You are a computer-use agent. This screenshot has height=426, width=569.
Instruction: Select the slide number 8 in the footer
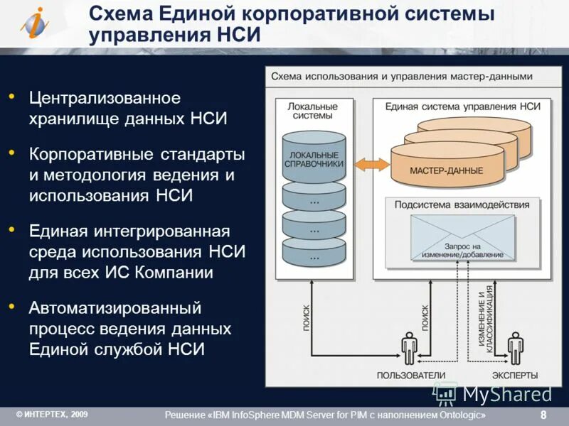(x=543, y=415)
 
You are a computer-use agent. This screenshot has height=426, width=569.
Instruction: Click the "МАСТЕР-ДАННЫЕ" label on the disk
(x=446, y=171)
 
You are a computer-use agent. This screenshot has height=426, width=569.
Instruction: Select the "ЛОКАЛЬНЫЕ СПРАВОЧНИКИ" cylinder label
(x=314, y=159)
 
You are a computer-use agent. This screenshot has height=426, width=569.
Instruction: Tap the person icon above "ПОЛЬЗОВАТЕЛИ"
(x=409, y=348)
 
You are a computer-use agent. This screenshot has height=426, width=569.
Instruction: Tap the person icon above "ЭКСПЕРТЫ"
(x=515, y=348)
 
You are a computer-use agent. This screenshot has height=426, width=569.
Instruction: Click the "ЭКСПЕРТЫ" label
(x=515, y=375)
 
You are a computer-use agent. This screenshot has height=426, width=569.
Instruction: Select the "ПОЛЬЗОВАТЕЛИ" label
(x=410, y=375)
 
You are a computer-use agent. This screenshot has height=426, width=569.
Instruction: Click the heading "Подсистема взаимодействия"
(x=462, y=205)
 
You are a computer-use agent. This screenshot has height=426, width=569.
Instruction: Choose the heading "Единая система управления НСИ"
(x=463, y=106)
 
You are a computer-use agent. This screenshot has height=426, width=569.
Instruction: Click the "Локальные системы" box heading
(x=313, y=111)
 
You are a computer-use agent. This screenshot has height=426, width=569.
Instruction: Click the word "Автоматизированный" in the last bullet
(x=115, y=309)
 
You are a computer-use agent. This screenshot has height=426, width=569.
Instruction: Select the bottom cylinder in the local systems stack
(x=314, y=249)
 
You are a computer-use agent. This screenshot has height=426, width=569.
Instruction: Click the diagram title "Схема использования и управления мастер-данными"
(x=401, y=76)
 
